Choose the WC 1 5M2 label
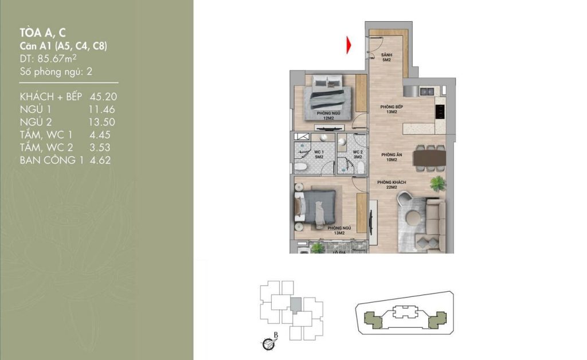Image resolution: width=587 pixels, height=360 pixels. pos(319,154)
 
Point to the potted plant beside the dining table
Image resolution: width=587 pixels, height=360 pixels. pos(438,183)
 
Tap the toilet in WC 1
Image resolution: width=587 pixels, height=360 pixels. pos(300,167)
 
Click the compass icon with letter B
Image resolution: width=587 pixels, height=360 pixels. pos(268,343)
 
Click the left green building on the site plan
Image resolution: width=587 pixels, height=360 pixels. pos(372,318)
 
